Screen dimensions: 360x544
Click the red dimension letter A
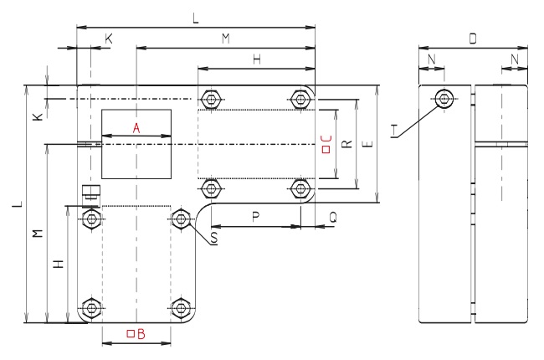click(136, 128)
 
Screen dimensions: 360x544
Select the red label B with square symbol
click(136, 335)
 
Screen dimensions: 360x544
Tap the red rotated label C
click(327, 144)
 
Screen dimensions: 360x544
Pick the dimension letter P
click(256, 215)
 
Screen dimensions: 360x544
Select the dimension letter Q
click(332, 215)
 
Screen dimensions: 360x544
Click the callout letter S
click(214, 239)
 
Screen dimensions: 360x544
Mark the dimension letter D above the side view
click(474, 40)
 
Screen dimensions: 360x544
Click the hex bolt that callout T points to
click(444, 98)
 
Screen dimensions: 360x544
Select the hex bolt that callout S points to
click(179, 219)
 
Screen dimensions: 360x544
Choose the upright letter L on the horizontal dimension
click(196, 18)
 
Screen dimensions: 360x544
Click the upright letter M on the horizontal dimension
click(226, 39)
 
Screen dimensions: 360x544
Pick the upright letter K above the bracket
click(110, 39)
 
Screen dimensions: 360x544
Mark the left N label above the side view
click(431, 59)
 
